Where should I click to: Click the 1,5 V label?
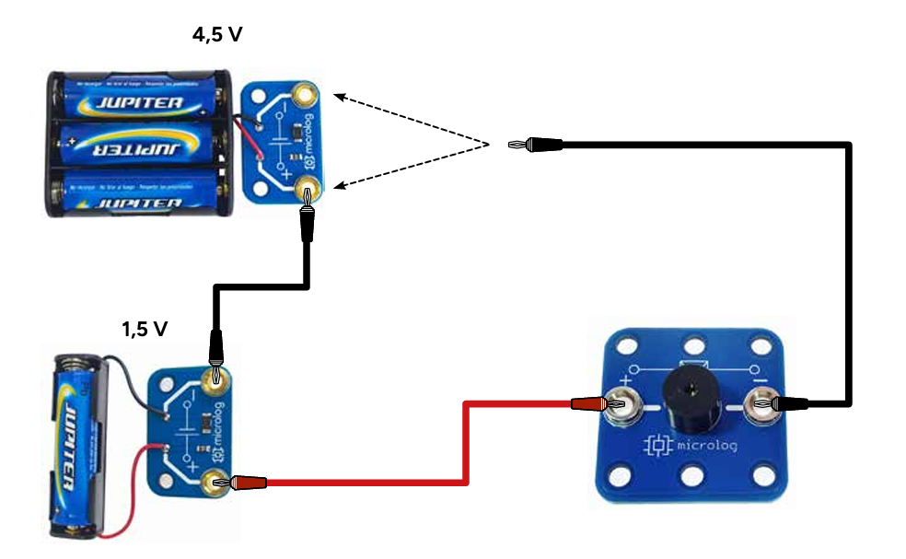pyautogui.click(x=145, y=329)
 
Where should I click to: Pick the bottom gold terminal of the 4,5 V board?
pyautogui.click(x=306, y=192)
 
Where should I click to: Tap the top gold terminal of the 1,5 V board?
pyautogui.click(x=216, y=376)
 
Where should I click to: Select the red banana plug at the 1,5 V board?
pyautogui.click(x=248, y=482)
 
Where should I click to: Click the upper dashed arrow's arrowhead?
pyautogui.click(x=338, y=96)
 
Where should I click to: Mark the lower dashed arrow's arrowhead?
pyautogui.click(x=338, y=187)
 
